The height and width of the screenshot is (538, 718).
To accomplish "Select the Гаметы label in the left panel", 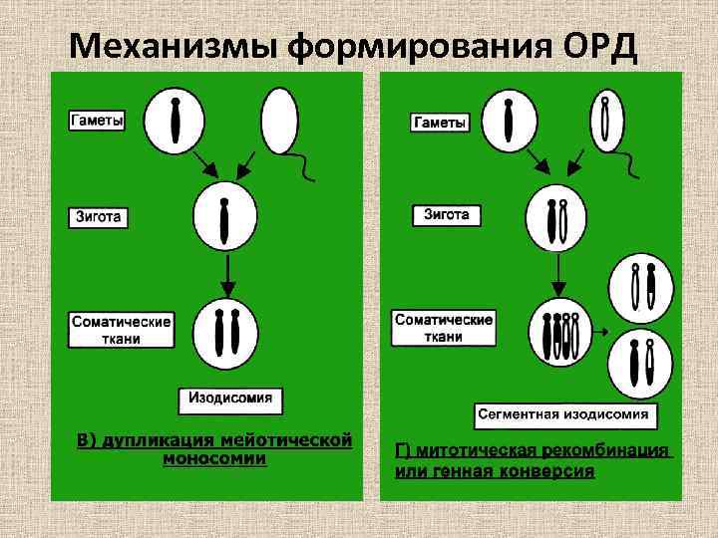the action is (x=97, y=121).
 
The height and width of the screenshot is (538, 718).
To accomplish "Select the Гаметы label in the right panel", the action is (x=439, y=122).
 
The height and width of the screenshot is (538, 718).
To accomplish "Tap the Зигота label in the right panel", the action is (x=447, y=215).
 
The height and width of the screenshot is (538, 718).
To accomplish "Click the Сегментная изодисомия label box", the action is (x=562, y=413).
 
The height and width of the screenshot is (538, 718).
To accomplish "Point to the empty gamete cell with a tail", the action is (x=278, y=121).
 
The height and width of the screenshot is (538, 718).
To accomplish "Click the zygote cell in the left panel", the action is (x=225, y=217).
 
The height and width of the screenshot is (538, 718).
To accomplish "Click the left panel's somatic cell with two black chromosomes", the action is (x=225, y=332).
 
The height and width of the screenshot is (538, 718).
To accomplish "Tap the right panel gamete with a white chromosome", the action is (x=605, y=119).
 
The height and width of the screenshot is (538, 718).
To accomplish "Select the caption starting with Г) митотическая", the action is (x=533, y=460).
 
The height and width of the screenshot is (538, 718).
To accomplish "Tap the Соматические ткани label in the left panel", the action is (x=121, y=330).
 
